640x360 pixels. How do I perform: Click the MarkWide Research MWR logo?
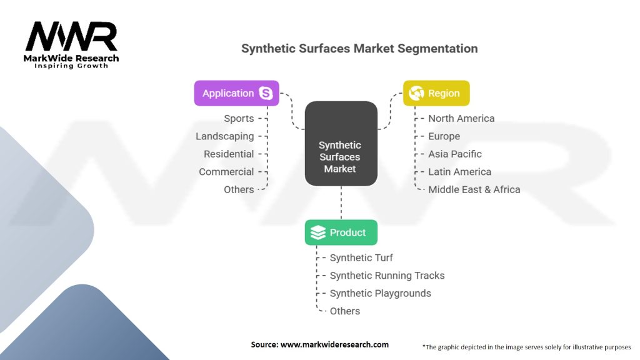click(71, 45)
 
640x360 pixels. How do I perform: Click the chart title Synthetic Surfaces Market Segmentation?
click(359, 49)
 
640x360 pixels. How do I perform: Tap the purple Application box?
click(237, 93)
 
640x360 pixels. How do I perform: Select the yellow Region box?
click(436, 93)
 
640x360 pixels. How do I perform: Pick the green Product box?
click(341, 232)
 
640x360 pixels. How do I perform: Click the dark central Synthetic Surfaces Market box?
click(341, 144)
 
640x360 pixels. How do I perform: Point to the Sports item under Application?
click(239, 118)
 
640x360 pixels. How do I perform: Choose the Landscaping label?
click(224, 136)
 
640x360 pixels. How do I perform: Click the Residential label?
click(229, 154)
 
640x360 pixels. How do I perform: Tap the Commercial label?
click(226, 172)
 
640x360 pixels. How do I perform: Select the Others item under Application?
click(239, 189)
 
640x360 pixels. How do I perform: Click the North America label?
click(461, 118)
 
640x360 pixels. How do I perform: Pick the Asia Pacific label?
click(455, 154)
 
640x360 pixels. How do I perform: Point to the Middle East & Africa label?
click(474, 189)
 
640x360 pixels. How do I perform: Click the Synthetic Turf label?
click(361, 258)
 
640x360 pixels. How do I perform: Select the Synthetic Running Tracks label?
click(387, 276)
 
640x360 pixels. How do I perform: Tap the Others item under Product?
click(345, 311)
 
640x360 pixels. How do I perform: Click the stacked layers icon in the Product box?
click(318, 232)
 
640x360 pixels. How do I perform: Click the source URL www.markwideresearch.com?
click(334, 344)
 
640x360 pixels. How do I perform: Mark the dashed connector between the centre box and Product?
click(341, 203)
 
